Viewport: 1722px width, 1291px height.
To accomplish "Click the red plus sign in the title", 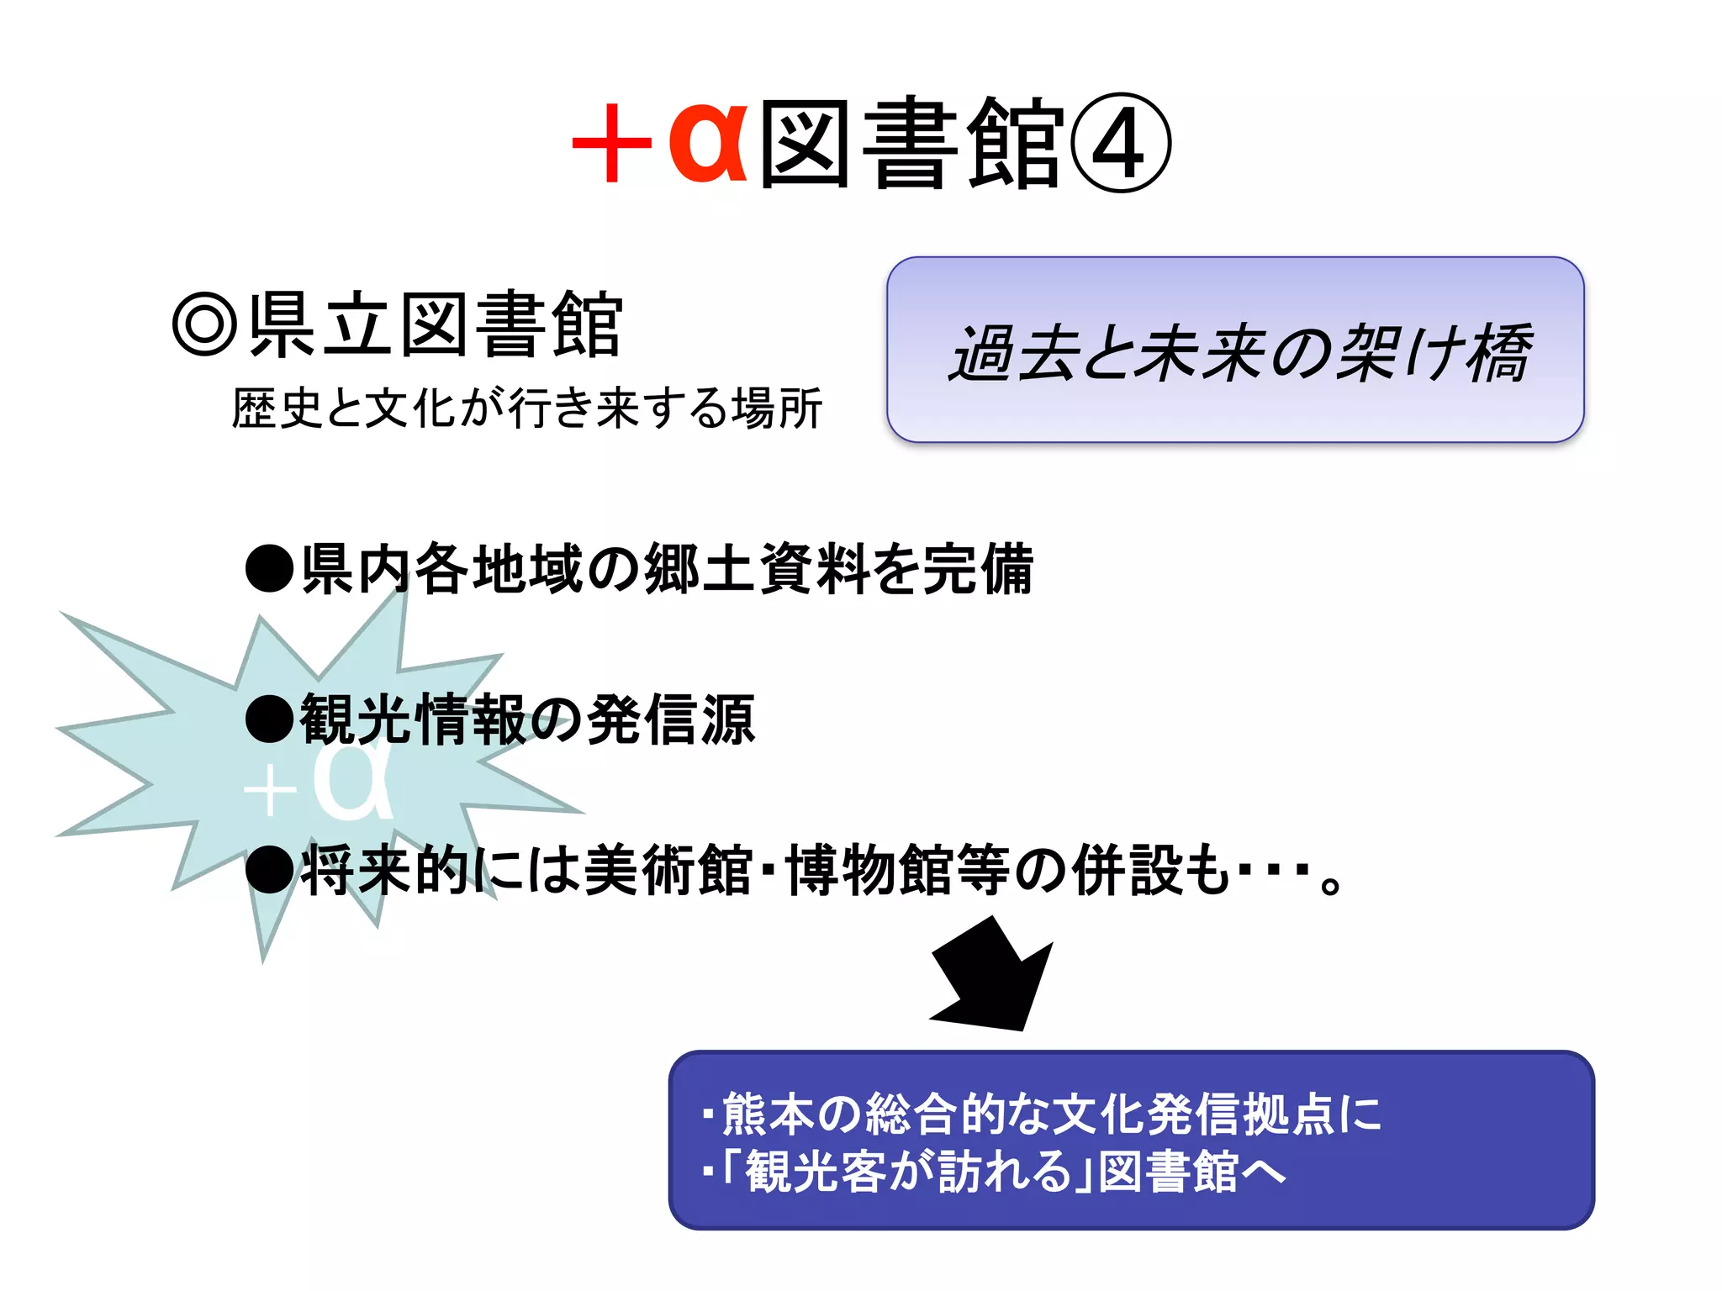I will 612,143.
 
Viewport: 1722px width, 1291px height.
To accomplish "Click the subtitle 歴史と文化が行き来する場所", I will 526,409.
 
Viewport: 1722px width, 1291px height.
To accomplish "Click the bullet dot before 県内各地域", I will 269,569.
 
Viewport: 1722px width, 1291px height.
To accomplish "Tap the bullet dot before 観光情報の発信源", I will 269,719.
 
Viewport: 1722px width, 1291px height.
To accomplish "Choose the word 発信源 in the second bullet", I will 670,719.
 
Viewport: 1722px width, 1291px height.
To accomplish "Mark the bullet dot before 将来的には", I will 269,871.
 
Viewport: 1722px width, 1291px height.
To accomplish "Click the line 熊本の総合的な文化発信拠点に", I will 1051,1114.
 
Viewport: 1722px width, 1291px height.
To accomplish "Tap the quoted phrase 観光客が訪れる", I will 908,1172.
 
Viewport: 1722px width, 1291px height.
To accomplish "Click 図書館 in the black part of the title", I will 912,143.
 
